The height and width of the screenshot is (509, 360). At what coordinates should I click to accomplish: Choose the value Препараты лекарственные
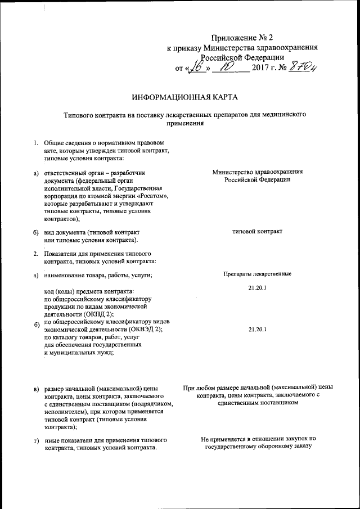pos(256,274)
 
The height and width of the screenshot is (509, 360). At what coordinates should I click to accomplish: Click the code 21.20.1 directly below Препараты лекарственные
pos(256,288)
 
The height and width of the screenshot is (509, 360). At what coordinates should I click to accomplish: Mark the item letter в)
pos(36,389)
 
